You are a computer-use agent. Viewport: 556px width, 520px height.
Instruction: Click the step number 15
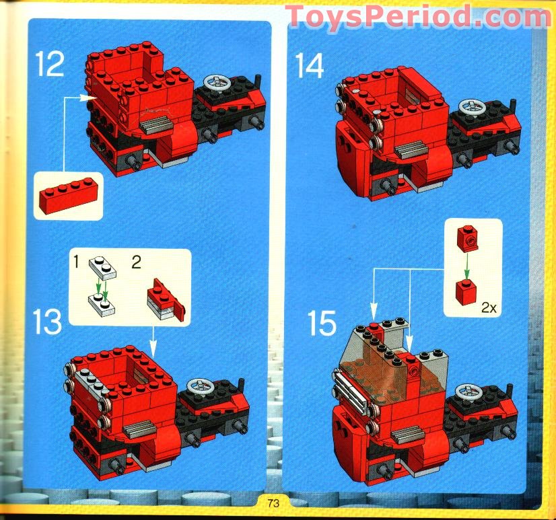tap(322, 324)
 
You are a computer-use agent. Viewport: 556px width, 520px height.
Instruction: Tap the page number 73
tap(273, 503)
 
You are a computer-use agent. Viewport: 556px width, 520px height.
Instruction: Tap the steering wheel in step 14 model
tap(471, 108)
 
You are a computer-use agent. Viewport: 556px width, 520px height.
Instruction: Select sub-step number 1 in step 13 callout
tap(77, 261)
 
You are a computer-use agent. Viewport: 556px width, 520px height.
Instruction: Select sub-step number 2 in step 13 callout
tap(135, 262)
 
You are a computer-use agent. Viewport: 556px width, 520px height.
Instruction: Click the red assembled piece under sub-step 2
tap(165, 298)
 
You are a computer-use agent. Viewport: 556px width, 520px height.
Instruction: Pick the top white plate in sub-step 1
tap(102, 270)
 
